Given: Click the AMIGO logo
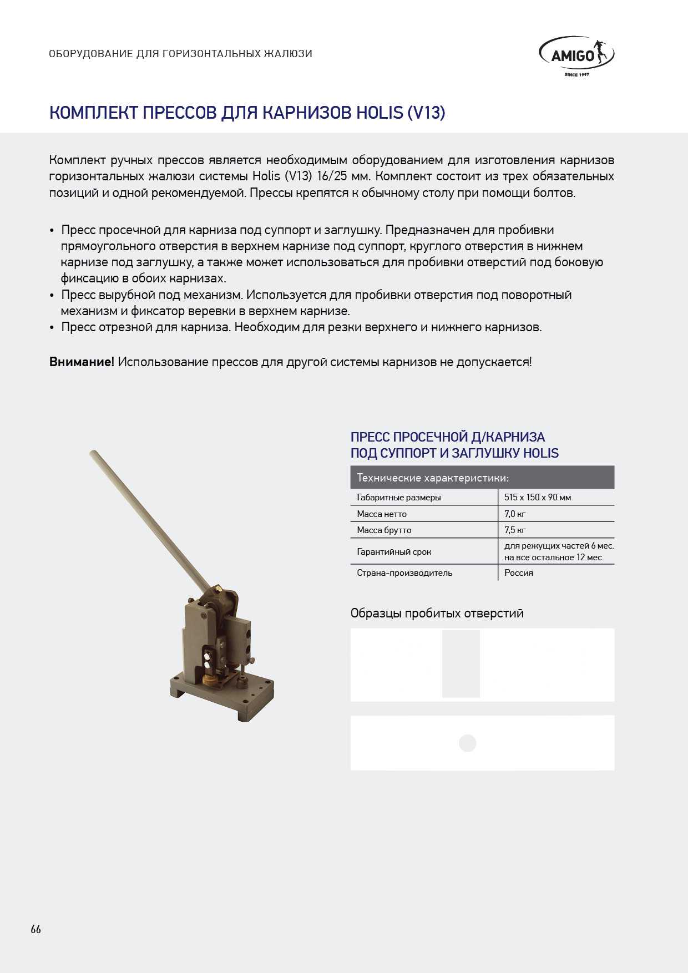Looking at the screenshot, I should [576, 55].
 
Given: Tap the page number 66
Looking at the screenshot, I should [36, 929].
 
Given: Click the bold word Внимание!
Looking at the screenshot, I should [82, 362].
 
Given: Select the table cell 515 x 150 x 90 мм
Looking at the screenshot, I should [537, 497].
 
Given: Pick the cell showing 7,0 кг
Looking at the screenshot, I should [515, 514].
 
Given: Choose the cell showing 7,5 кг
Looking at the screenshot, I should [515, 530].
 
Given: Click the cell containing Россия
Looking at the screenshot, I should [519, 572].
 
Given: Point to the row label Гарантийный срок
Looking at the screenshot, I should [394, 551].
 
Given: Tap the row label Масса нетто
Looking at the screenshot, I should [382, 514].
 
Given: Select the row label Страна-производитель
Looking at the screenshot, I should [404, 572].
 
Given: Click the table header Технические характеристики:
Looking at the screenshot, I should [433, 478].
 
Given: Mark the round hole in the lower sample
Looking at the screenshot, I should [468, 743].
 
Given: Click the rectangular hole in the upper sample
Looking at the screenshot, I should [461, 663].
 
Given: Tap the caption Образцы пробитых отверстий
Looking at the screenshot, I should [437, 613].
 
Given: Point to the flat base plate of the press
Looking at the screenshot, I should [222, 696].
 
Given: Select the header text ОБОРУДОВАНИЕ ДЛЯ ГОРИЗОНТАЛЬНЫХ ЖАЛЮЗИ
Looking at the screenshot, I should [180, 54].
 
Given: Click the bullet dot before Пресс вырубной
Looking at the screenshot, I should [52, 296].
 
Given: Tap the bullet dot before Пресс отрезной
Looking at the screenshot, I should [52, 328].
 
